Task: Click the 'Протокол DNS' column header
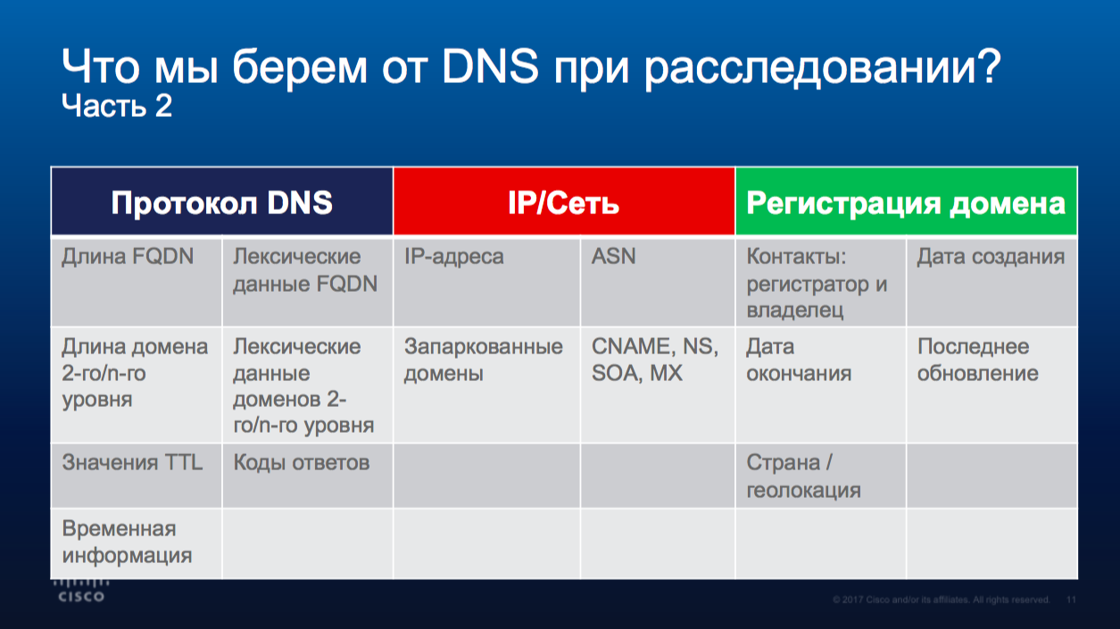tap(222, 202)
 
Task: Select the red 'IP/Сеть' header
tap(564, 202)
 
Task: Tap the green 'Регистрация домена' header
tap(906, 202)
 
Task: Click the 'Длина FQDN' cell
tap(137, 283)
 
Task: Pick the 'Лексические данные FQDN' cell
tap(308, 283)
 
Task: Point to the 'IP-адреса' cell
tap(486, 283)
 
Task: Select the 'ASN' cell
tap(658, 283)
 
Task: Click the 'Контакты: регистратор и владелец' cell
tap(820, 283)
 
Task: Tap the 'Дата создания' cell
tap(992, 283)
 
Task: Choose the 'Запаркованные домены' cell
tap(486, 385)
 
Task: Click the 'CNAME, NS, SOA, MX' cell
tap(658, 385)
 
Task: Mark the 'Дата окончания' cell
tap(820, 385)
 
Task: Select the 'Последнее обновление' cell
tap(992, 385)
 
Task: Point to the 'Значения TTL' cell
tap(137, 476)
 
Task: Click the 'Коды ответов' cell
tap(308, 476)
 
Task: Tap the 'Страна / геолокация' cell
tap(820, 476)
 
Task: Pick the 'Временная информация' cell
tap(137, 543)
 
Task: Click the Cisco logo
tap(81, 591)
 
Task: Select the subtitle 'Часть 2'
tap(117, 105)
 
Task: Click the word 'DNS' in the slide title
tap(490, 66)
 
